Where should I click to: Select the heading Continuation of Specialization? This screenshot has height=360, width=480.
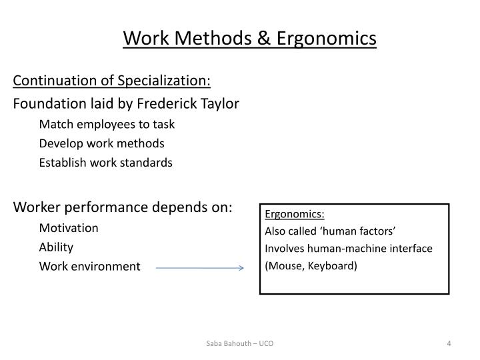click(112, 81)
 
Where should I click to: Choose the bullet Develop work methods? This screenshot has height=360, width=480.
click(101, 143)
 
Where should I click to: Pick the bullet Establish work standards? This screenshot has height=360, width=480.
click(105, 163)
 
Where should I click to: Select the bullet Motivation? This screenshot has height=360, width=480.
click(69, 227)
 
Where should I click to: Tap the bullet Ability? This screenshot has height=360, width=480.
click(56, 247)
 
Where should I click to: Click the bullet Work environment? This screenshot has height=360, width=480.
click(89, 267)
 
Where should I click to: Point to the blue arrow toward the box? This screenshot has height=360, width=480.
click(200, 268)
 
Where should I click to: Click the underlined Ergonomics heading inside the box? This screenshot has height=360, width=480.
click(295, 214)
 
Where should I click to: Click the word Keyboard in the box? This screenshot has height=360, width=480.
click(331, 265)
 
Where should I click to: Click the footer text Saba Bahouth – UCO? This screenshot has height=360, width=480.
click(239, 343)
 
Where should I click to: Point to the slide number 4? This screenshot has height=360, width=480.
click(449, 343)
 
